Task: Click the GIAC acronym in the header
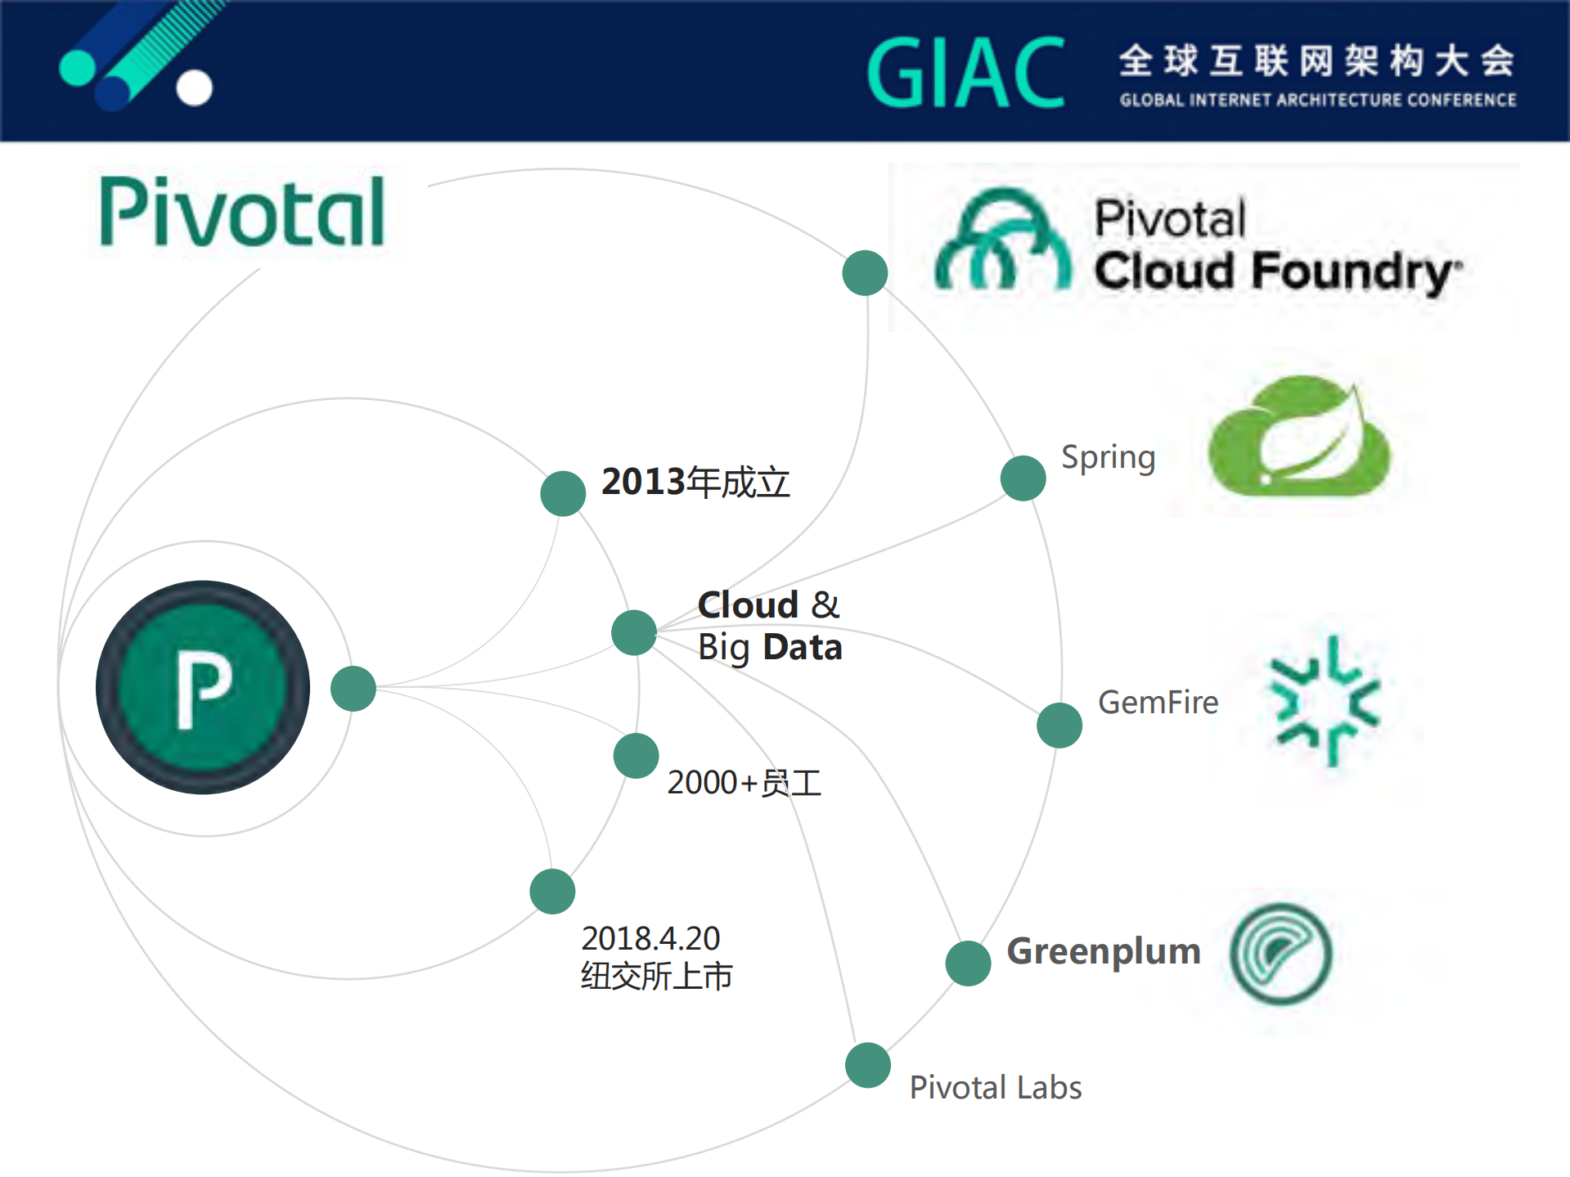point(965,74)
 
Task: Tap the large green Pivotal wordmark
point(242,213)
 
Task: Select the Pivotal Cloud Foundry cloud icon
point(1002,241)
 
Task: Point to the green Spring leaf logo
point(1299,438)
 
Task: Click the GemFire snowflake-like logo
point(1324,702)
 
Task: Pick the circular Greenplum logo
point(1281,954)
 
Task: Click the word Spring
point(1108,458)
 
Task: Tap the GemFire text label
point(1158,703)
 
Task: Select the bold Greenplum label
point(1103,952)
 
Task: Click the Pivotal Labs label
point(996,1088)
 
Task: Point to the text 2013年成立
point(695,482)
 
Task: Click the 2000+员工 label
point(744,783)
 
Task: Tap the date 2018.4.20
point(650,938)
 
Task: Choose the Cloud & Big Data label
point(769,627)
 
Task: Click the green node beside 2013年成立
point(563,493)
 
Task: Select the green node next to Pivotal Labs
point(868,1065)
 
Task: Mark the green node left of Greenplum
point(968,963)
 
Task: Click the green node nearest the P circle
point(353,689)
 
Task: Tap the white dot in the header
point(195,88)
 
